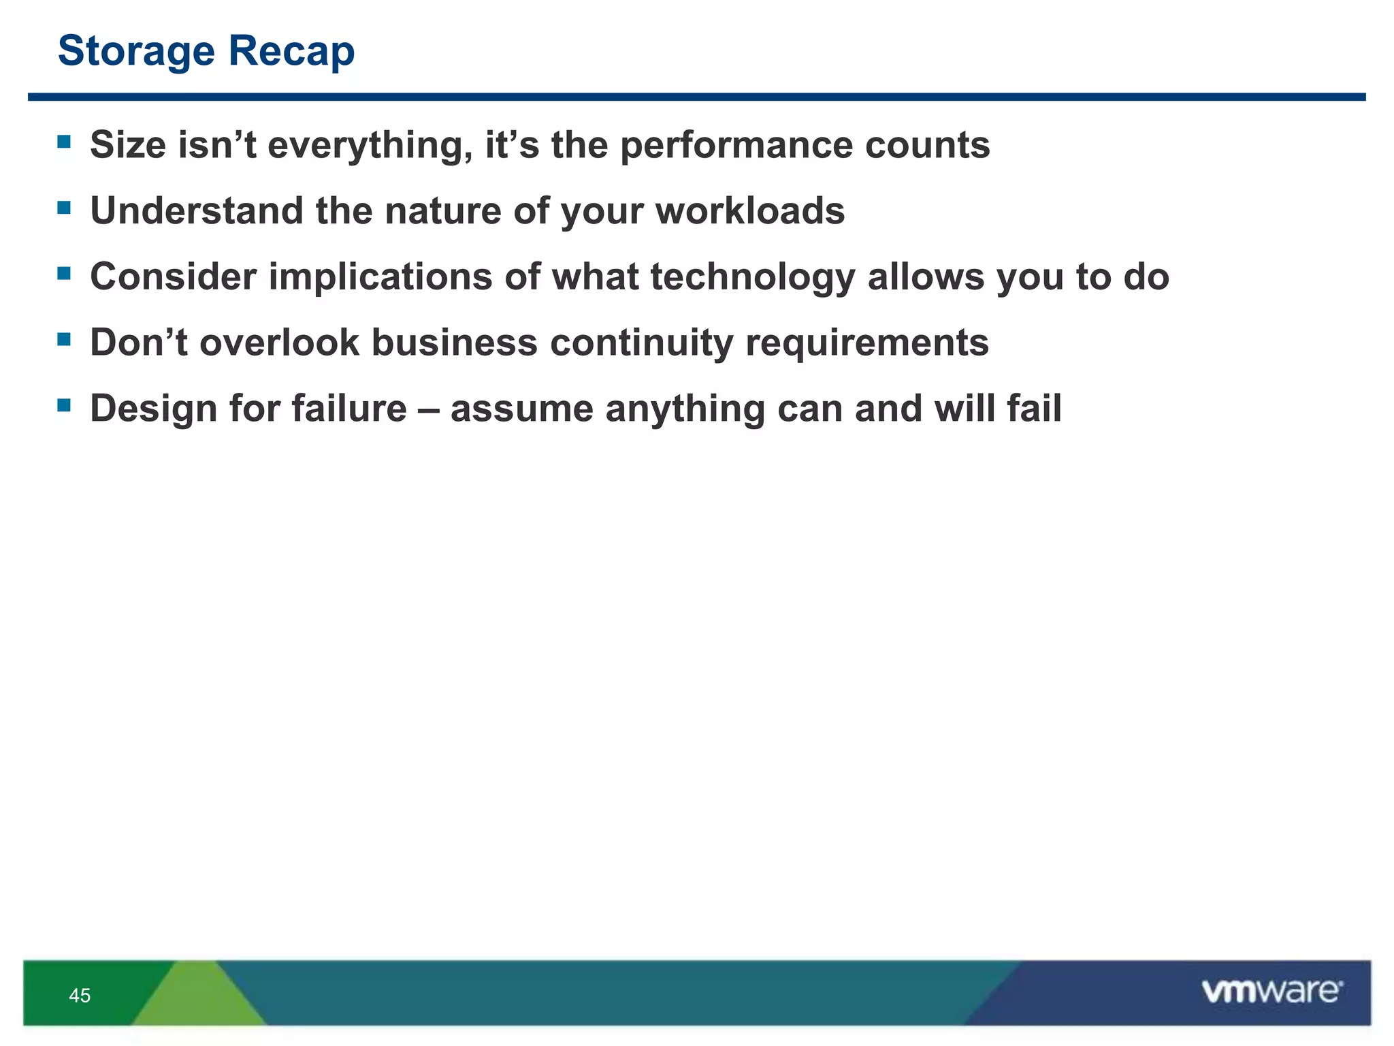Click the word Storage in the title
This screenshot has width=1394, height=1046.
pyautogui.click(x=136, y=52)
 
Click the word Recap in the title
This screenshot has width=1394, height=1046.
pyautogui.click(x=291, y=52)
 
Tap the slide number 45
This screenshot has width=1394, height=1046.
pyautogui.click(x=80, y=996)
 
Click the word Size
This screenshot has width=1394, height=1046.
pyautogui.click(x=128, y=145)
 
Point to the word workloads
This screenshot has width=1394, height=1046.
pyautogui.click(x=749, y=210)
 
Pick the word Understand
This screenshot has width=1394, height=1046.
pyautogui.click(x=197, y=210)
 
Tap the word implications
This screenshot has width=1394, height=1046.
pyautogui.click(x=380, y=278)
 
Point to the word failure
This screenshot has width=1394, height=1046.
pyautogui.click(x=349, y=409)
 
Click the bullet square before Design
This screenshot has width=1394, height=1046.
pyautogui.click(x=64, y=406)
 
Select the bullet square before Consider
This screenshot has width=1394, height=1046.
pyautogui.click(x=64, y=274)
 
